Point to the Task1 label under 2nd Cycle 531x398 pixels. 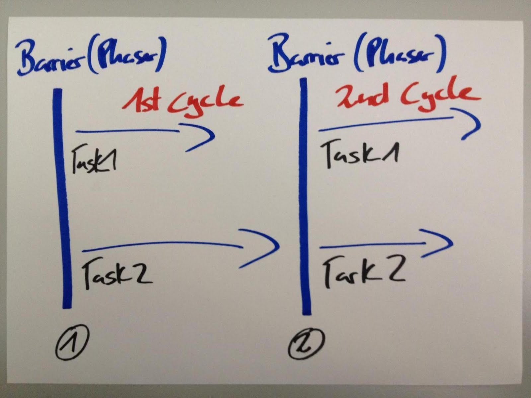[360, 153]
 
